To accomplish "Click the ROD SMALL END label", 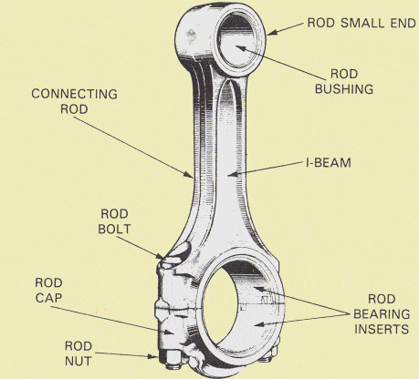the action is pos(361,23).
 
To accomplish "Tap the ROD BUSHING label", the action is pos(344,81).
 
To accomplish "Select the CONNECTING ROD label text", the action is pos(74,101).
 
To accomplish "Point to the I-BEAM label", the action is pos(329,163).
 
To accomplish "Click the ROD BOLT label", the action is pos(114,221).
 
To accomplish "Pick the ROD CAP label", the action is pos(48,290).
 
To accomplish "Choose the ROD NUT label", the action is pos(79,353).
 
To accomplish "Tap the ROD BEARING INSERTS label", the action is pos(382,314).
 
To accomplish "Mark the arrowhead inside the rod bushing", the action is pos(240,48).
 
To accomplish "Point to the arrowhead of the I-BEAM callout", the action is pos(232,174).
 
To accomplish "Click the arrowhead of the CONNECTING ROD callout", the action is pos(189,174).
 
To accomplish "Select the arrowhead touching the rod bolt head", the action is pos(160,257).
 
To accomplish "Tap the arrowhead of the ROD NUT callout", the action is pos(152,356).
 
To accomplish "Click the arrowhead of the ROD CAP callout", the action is pos(168,332).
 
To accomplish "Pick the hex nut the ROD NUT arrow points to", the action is pos(171,359).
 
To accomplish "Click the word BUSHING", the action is pos(344,89).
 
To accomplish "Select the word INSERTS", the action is pos(382,329).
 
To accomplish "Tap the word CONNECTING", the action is pos(74,94).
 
